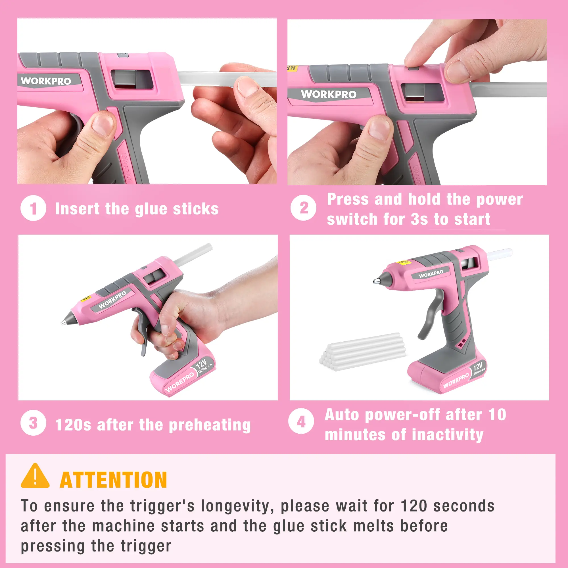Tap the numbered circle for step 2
click(x=303, y=208)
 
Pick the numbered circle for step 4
click(x=301, y=421)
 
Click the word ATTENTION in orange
click(x=113, y=480)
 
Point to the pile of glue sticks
click(x=363, y=352)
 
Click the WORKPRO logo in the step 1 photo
click(x=46, y=81)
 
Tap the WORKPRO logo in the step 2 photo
click(x=329, y=94)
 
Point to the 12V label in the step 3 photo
click(x=201, y=364)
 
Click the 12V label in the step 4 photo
click(x=478, y=366)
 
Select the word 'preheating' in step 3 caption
click(x=210, y=425)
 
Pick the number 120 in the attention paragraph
click(x=414, y=506)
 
